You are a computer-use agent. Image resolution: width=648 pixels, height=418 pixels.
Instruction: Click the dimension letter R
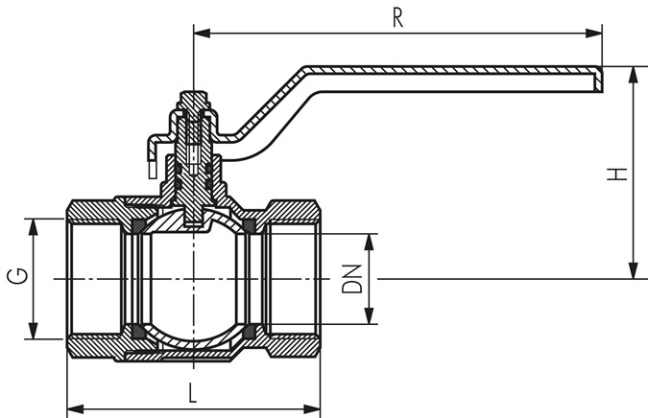coord(397,18)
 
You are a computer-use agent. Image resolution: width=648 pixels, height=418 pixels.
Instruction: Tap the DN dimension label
coord(352,278)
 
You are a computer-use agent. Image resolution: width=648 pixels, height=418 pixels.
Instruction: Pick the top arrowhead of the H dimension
coord(633,72)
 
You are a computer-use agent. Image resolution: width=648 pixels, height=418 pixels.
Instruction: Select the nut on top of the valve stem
coord(193,102)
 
